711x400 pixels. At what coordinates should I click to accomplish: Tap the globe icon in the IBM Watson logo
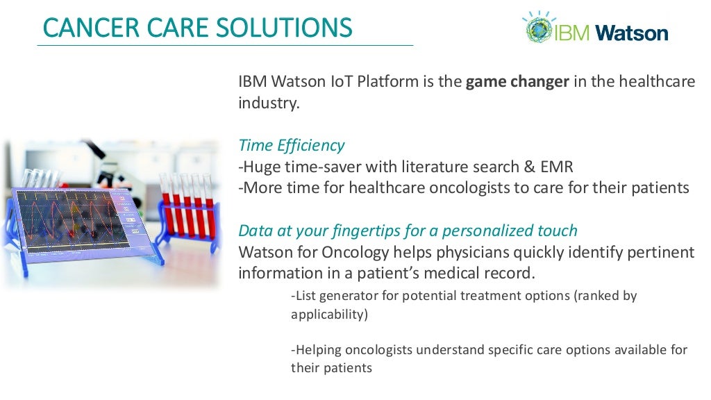pos(537,28)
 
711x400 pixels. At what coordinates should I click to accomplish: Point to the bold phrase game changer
pos(517,82)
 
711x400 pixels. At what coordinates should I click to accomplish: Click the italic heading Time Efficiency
pos(291,145)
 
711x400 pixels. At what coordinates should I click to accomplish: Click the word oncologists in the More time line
pos(465,188)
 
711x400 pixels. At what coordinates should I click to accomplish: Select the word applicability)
pos(329,314)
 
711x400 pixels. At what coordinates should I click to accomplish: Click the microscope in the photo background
pos(104,163)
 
